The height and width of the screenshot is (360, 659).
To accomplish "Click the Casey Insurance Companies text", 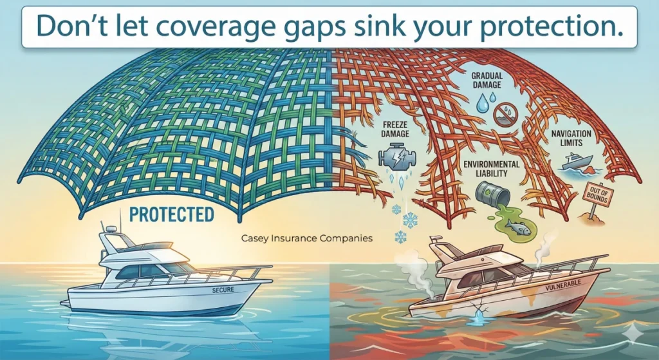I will click(306, 238).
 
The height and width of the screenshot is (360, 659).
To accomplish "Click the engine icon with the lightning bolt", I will click(390, 158).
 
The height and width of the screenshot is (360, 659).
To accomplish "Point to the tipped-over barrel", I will click(486, 193).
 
